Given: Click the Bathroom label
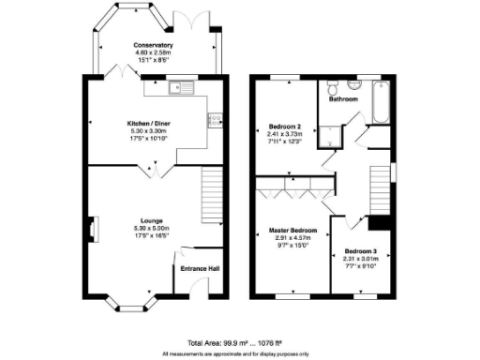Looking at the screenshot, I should [x=344, y=97].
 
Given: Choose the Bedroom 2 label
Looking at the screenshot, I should [x=285, y=126].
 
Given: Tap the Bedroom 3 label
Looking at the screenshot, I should [x=360, y=251].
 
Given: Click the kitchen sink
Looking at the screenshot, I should [x=177, y=89].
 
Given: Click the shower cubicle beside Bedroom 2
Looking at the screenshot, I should [x=327, y=139].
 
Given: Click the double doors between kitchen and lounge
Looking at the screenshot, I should [x=149, y=168].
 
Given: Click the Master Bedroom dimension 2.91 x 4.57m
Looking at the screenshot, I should [x=292, y=238].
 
